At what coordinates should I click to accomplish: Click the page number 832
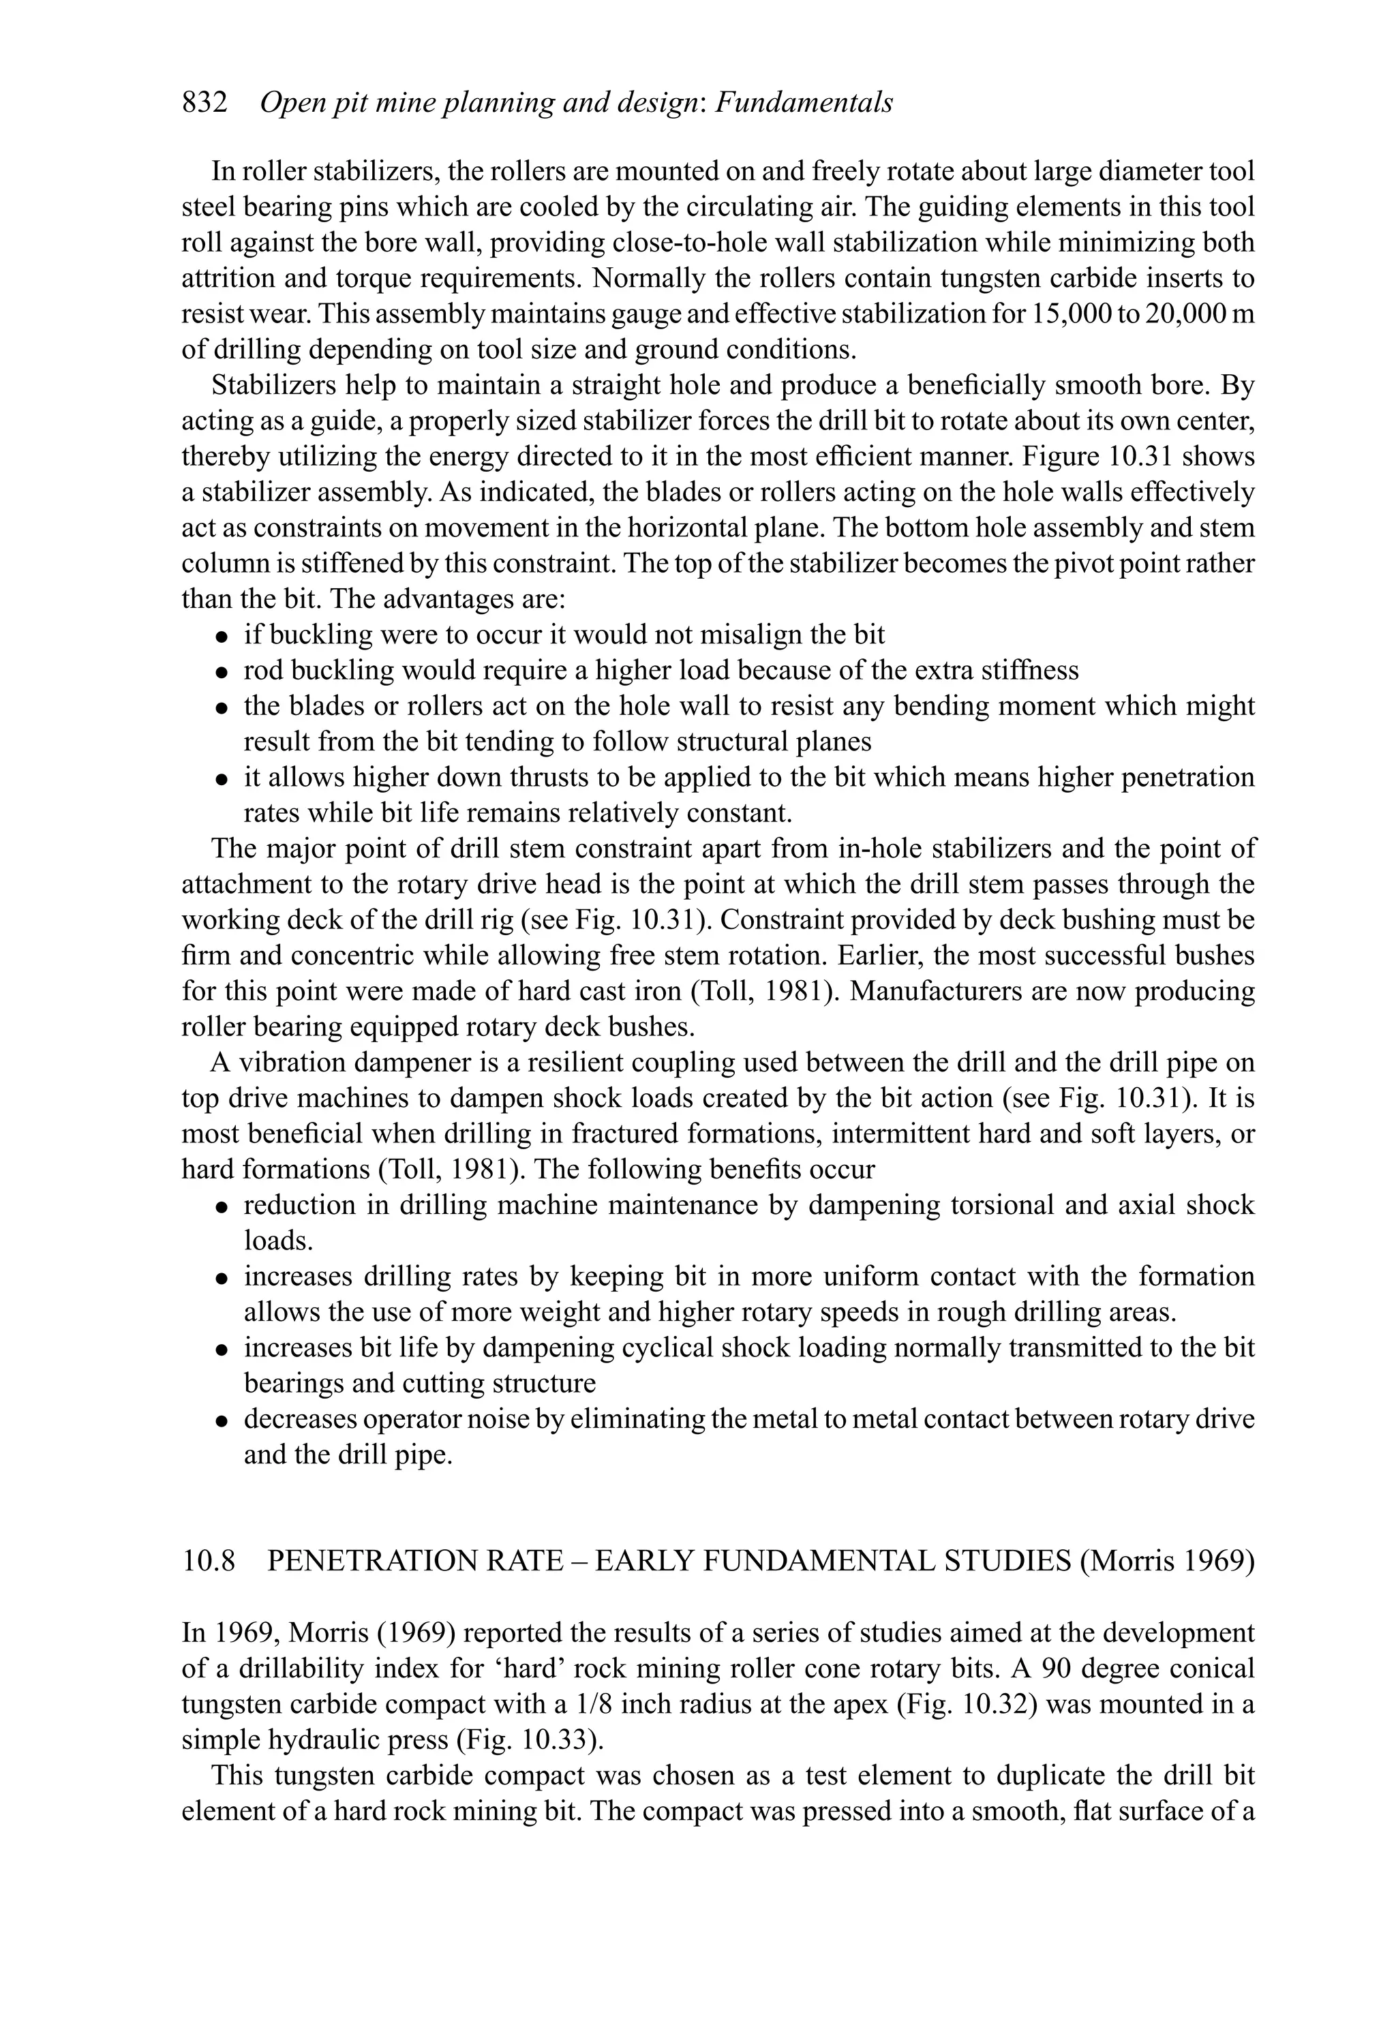[204, 104]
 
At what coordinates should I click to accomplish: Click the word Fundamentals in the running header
[804, 104]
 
